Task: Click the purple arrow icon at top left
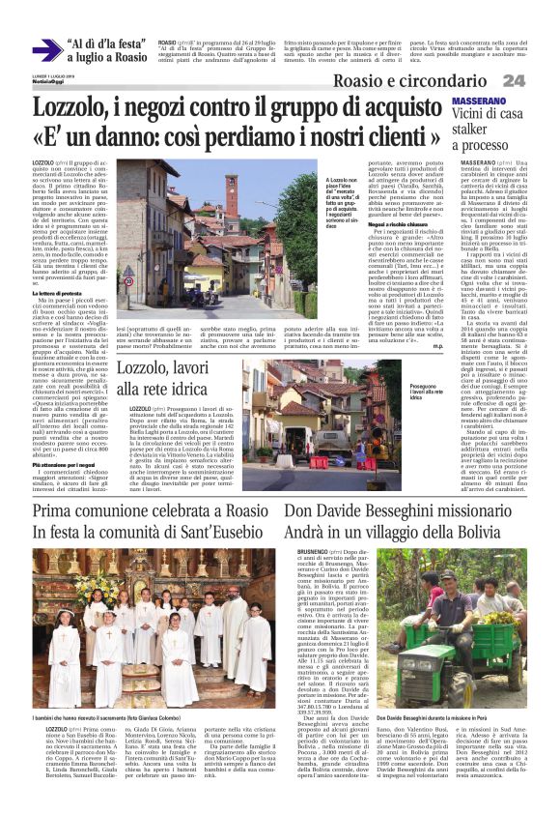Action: coord(46,51)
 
